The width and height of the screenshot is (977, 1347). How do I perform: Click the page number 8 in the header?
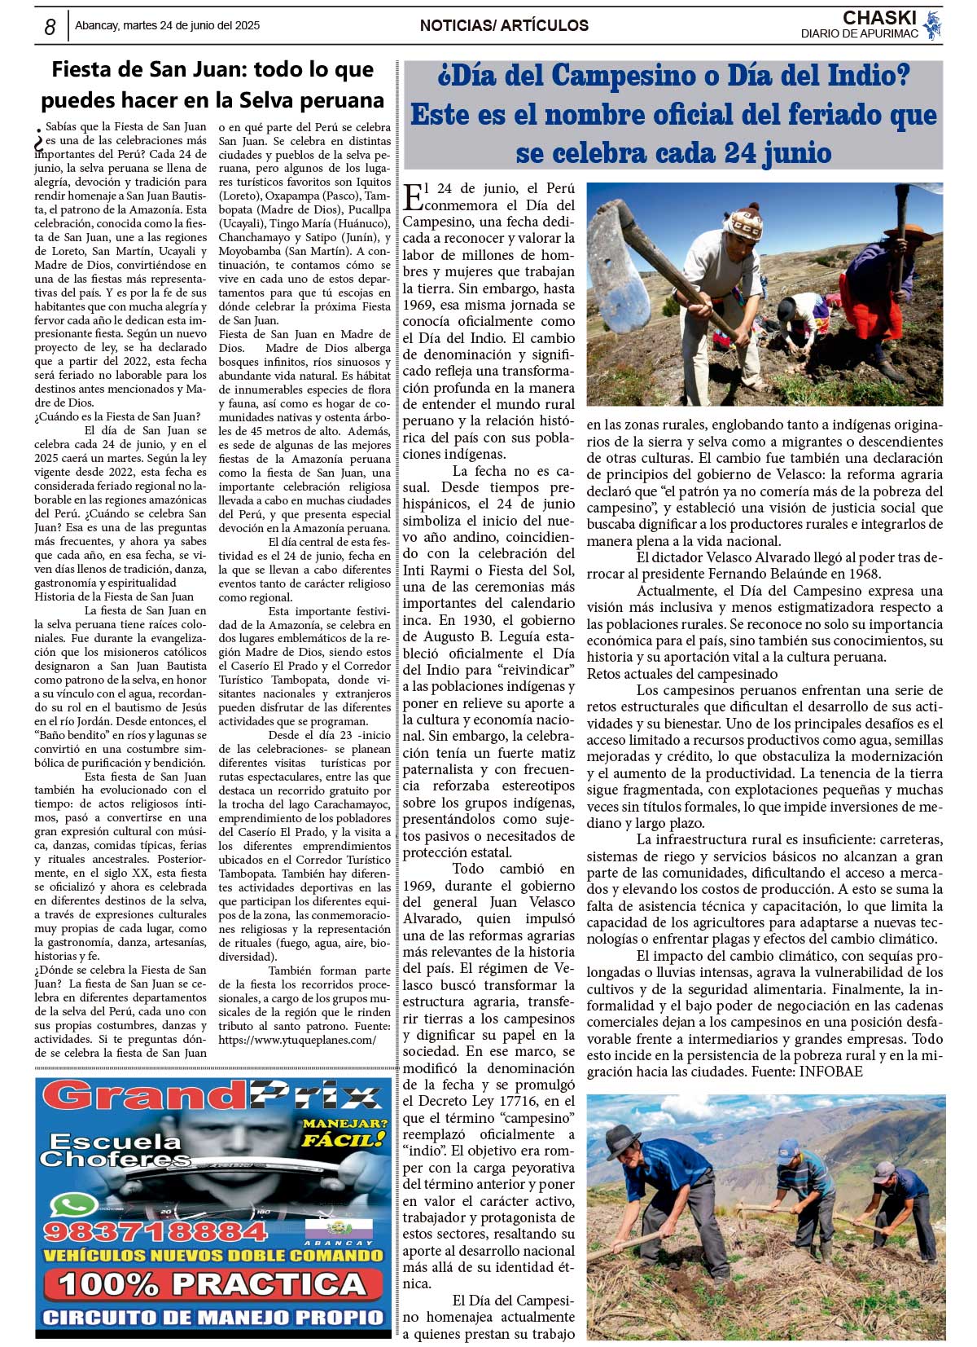click(x=50, y=27)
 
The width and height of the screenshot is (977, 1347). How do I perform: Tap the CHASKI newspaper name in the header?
click(x=879, y=18)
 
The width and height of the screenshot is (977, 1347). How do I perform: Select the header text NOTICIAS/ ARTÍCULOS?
click(x=504, y=26)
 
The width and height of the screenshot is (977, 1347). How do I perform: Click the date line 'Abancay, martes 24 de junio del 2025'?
click(x=168, y=26)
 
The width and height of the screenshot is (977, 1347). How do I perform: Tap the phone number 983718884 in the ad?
click(x=156, y=1230)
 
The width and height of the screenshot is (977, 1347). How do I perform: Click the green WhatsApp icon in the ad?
click(x=73, y=1204)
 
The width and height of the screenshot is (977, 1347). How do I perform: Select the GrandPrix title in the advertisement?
click(x=212, y=1097)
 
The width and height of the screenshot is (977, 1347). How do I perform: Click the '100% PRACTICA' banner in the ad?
click(x=212, y=1285)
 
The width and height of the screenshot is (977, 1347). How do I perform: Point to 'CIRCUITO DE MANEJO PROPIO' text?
click(x=212, y=1318)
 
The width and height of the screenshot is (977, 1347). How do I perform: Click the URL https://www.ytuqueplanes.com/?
click(x=297, y=1041)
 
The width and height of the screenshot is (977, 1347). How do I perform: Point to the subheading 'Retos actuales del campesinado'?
click(x=682, y=674)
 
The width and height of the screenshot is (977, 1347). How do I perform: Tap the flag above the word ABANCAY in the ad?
click(x=339, y=1229)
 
